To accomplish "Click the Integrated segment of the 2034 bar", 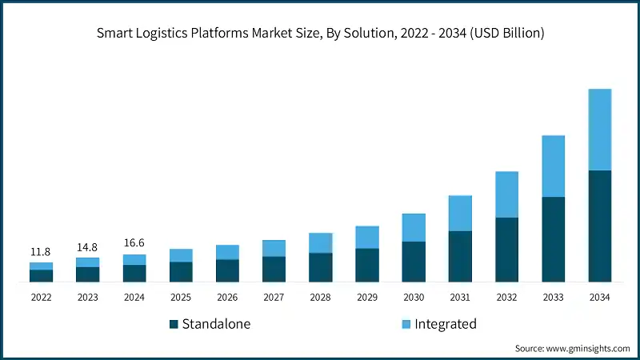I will (599, 129).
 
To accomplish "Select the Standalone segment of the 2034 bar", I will (599, 226).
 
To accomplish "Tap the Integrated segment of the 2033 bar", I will (553, 166).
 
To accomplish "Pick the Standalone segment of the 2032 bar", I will (506, 250).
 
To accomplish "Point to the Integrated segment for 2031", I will (460, 213).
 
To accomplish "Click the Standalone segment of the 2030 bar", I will (414, 262).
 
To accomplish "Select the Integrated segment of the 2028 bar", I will (320, 242).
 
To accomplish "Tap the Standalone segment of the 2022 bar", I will (41, 276).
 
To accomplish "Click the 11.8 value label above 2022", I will (41, 252).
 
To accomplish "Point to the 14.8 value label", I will (87, 247).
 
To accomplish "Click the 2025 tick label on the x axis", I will (180, 298).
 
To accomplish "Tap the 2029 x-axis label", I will (366, 298).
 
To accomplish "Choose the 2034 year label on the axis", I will (599, 298).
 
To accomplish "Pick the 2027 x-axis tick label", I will (274, 298).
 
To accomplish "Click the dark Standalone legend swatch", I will (174, 325).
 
